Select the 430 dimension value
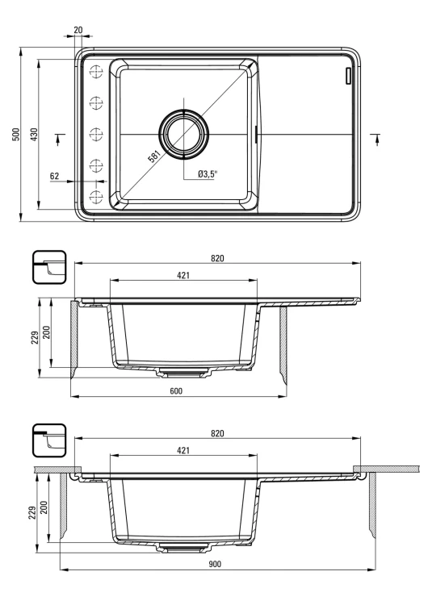coord(33,134)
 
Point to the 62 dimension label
coord(55,175)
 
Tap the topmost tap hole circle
coord(96,71)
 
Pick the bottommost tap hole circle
coord(96,197)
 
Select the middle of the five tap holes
coord(96,133)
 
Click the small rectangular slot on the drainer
coord(349,76)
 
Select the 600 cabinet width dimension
coord(176,390)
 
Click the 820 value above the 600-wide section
coord(216,258)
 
